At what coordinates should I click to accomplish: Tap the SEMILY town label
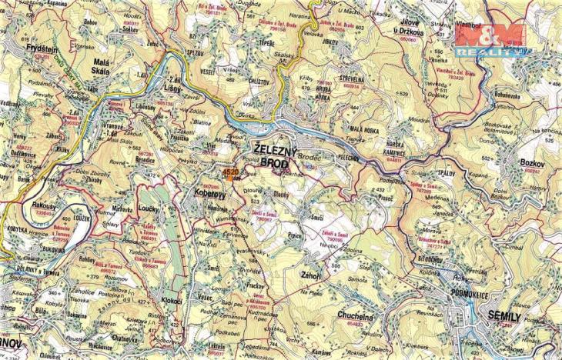click(x=504, y=316)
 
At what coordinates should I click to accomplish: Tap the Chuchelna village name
click(x=357, y=315)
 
